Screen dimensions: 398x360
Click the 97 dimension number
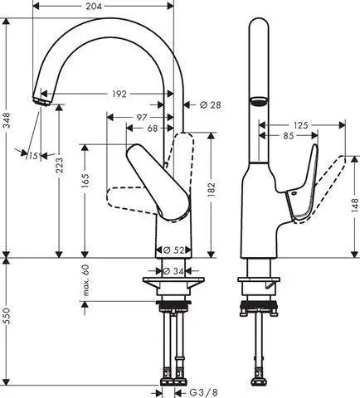click(142, 117)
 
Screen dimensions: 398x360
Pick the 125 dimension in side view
click(300, 124)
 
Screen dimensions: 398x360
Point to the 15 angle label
click(33, 156)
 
